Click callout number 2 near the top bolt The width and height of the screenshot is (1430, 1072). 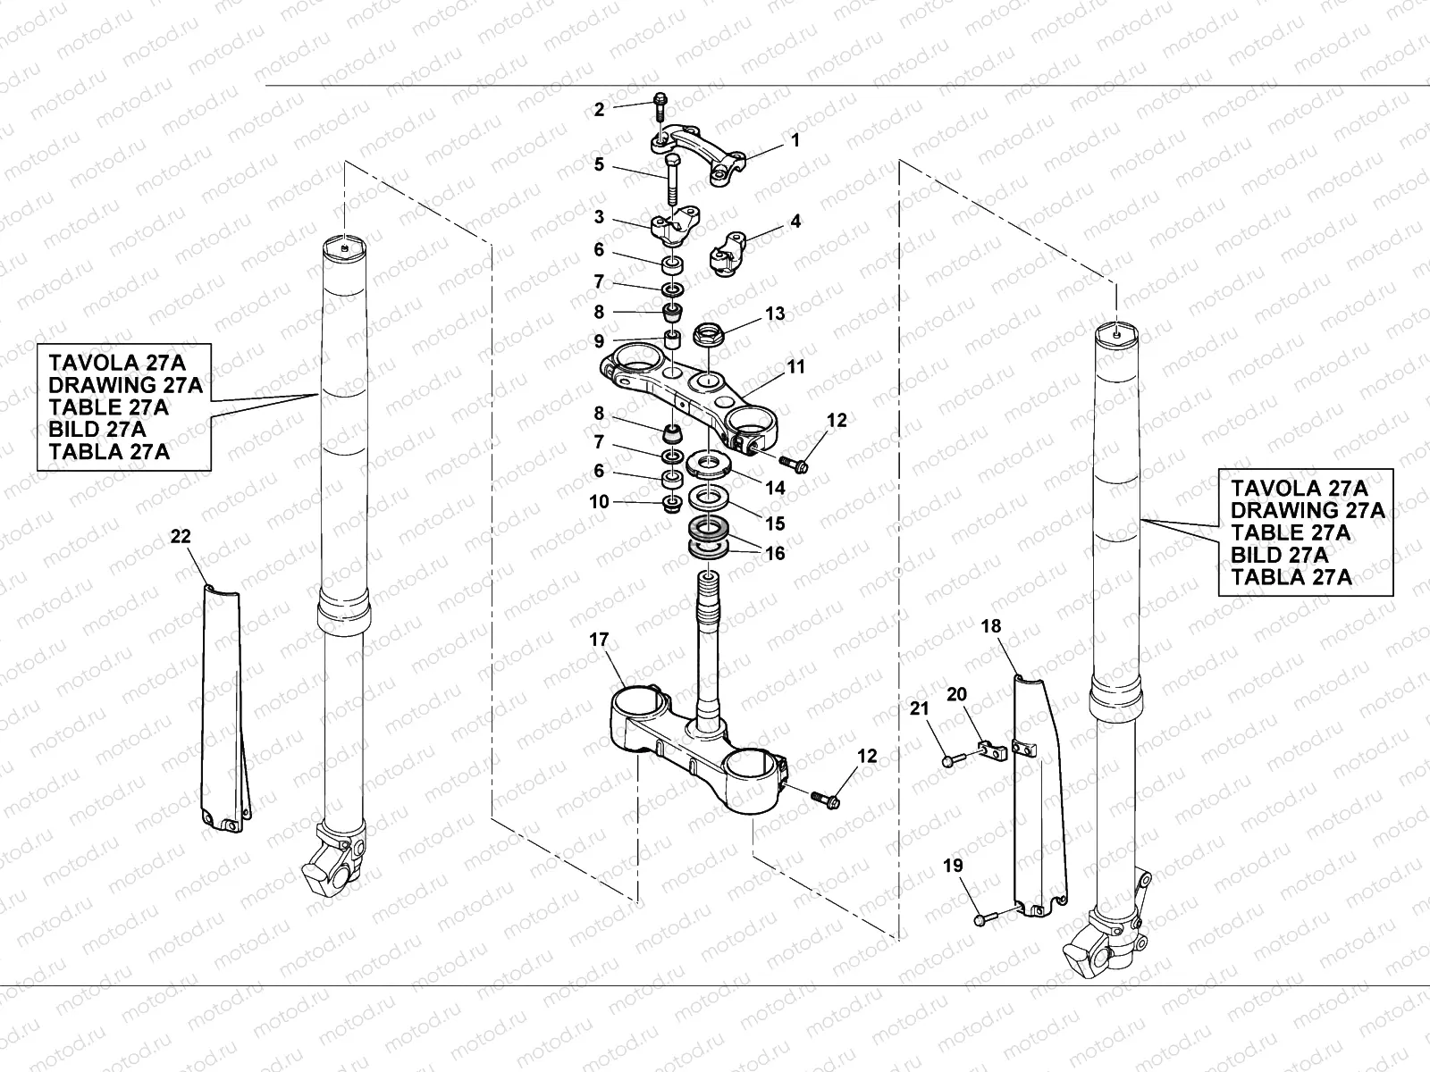[599, 110]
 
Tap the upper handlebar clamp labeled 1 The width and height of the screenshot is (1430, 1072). [702, 152]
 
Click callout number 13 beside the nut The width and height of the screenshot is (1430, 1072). [775, 314]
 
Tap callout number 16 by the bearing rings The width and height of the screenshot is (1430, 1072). [775, 554]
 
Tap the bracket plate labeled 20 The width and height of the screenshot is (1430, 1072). [990, 749]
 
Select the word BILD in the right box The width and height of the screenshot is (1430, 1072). [1255, 555]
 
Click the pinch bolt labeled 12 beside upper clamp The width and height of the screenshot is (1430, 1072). [793, 463]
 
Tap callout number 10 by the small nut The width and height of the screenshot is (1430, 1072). [599, 502]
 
